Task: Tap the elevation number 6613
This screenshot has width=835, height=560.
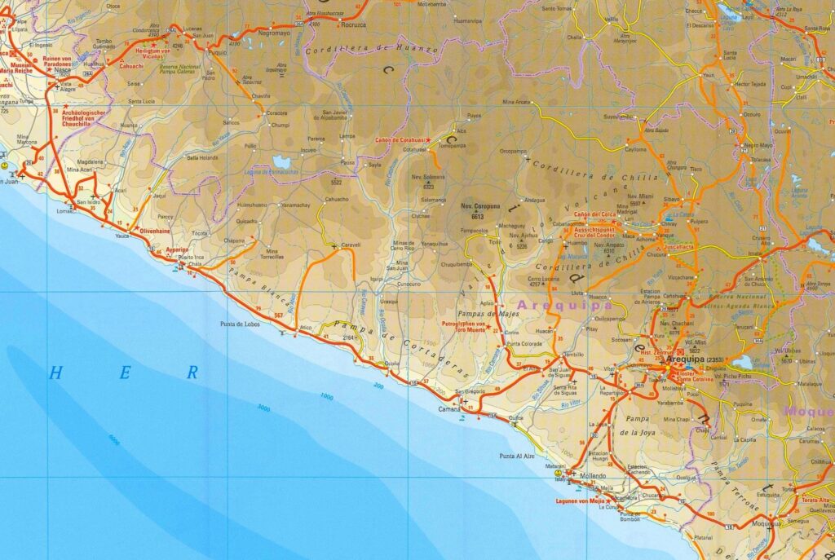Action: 478,216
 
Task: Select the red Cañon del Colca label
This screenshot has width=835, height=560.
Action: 594,214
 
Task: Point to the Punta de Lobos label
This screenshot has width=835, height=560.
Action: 239,324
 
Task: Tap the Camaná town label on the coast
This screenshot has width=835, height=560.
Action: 449,410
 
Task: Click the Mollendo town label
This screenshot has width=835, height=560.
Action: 593,475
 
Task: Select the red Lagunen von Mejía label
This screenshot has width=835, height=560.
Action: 579,500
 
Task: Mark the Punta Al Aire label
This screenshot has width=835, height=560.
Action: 517,456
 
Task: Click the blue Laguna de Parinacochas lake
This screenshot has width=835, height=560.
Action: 282,161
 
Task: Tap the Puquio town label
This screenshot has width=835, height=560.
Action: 218,52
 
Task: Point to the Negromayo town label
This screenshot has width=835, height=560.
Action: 274,33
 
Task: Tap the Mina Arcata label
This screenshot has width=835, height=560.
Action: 516,102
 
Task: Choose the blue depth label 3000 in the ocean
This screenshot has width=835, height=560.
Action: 263,408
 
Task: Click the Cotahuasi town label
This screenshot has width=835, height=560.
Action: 415,150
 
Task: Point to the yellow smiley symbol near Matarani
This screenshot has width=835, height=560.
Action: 559,472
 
